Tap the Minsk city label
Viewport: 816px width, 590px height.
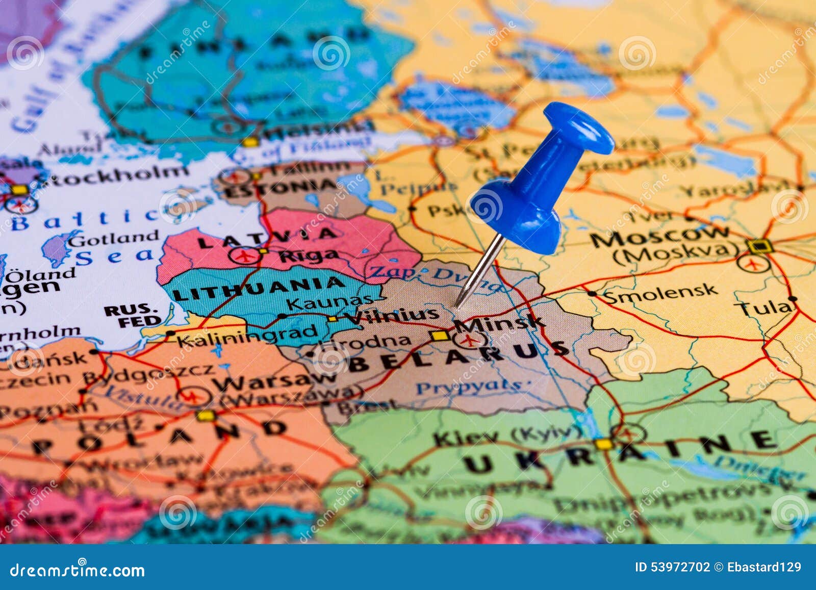tap(499, 322)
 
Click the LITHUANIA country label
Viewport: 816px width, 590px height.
tap(259, 289)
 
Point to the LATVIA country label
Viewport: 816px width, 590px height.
tap(267, 237)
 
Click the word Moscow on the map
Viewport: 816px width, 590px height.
tap(660, 236)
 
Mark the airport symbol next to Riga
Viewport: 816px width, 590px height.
tap(243, 254)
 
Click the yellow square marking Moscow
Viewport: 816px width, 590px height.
tap(759, 247)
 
